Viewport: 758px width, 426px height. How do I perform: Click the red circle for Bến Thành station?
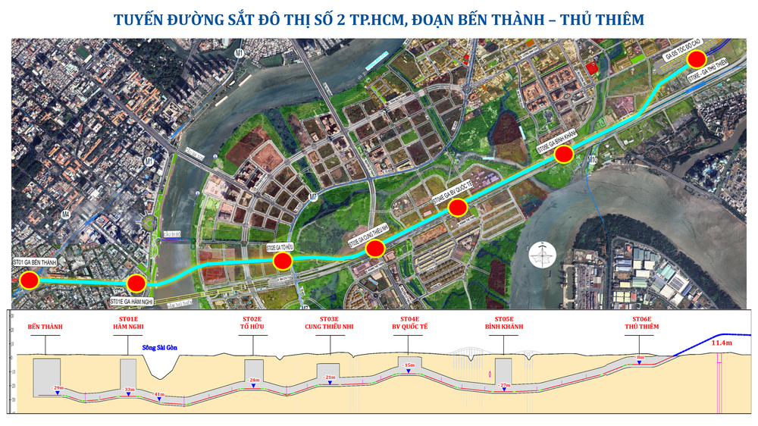(x=30, y=280)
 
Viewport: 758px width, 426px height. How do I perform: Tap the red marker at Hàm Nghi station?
(x=136, y=283)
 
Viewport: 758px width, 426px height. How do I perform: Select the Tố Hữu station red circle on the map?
(x=283, y=262)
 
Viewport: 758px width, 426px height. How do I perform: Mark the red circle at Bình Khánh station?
(x=563, y=155)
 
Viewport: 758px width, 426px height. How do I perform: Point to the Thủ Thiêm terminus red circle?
(x=697, y=59)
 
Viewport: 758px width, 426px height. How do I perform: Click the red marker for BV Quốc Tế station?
(x=457, y=208)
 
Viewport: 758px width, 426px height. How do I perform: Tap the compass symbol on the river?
(x=541, y=255)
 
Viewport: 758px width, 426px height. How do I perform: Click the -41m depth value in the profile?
(x=158, y=394)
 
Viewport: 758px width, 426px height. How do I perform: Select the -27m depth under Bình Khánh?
(x=505, y=386)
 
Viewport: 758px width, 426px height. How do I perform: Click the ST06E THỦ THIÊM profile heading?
(x=641, y=323)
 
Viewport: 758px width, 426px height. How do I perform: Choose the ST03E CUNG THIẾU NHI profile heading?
(x=330, y=323)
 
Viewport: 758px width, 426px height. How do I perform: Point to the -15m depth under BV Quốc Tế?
(x=409, y=365)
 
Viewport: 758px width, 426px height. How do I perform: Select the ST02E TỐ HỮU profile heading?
(x=252, y=323)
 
